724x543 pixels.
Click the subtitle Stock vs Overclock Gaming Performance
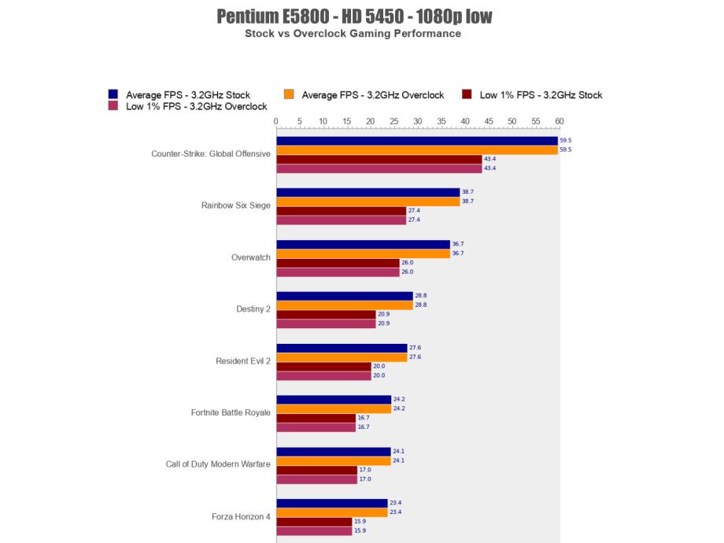click(x=353, y=34)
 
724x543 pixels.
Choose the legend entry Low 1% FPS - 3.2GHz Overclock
click(x=196, y=106)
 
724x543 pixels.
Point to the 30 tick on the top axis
click(x=418, y=121)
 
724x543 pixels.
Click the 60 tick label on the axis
click(x=560, y=121)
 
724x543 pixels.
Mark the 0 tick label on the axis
click(x=276, y=121)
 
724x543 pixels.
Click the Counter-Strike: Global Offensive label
click(x=211, y=154)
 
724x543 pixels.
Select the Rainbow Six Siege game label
click(x=236, y=206)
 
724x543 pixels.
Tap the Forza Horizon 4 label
click(x=241, y=517)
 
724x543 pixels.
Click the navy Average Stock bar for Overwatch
click(x=363, y=245)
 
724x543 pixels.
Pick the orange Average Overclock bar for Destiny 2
click(x=344, y=305)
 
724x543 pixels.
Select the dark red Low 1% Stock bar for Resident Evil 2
click(x=323, y=367)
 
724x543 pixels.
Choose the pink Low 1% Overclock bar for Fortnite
click(x=316, y=427)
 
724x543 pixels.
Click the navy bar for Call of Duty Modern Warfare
click(x=333, y=452)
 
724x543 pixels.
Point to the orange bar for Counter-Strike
click(x=417, y=150)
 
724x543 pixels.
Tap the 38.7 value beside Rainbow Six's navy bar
click(x=467, y=193)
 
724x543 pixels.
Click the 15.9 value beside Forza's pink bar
click(x=360, y=531)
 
